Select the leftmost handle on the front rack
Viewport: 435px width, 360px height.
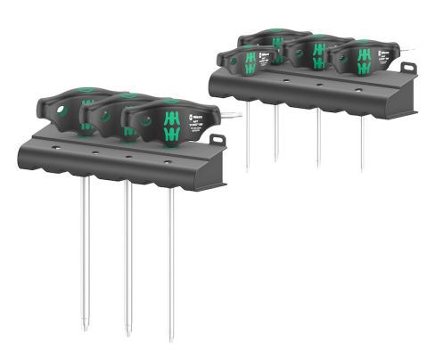[x=67, y=106]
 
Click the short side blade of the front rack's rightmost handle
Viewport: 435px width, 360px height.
[x=230, y=113]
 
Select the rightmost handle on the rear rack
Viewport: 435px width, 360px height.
[x=361, y=60]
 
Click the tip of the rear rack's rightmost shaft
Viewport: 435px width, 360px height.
[x=362, y=170]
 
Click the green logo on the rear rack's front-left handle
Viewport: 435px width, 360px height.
[x=250, y=63]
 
